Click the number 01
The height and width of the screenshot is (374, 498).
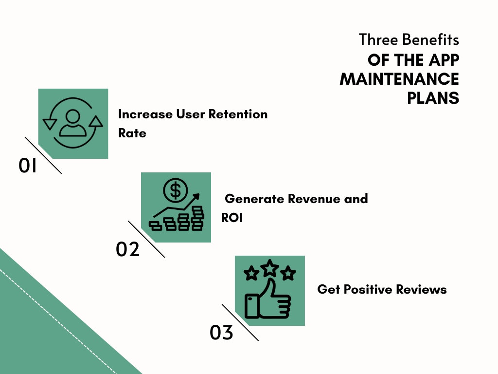[x=28, y=166]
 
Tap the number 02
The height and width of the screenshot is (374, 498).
[x=128, y=249]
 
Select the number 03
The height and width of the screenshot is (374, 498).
[x=221, y=332]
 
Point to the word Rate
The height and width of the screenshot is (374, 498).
[x=132, y=133]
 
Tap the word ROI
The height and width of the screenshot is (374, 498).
[x=232, y=218]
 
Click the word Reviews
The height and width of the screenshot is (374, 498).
[x=422, y=289]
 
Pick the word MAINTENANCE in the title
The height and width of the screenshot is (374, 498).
[x=400, y=79]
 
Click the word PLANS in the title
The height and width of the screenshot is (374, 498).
[x=433, y=97]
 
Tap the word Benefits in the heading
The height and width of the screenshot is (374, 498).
[x=430, y=40]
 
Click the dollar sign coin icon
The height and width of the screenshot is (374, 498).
[x=175, y=190]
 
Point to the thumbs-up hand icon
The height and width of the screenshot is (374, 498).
[x=267, y=299]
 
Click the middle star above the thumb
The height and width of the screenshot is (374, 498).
[x=269, y=268]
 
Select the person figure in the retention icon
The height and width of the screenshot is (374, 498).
[x=73, y=123]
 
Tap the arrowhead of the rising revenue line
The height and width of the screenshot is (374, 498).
[x=196, y=197]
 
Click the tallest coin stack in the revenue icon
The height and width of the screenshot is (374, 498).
[x=198, y=218]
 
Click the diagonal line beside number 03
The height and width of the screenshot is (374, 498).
[x=240, y=322]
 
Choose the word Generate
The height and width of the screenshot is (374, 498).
[x=254, y=199]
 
